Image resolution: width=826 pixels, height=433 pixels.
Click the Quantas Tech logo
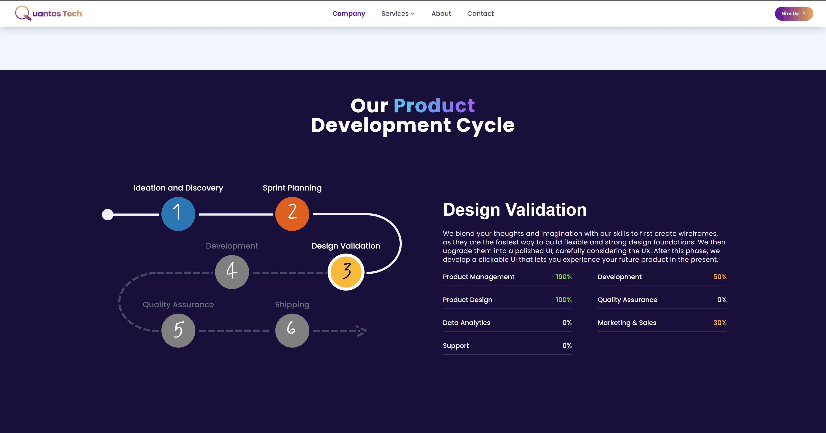(48, 13)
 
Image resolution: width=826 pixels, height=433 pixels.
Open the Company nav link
(349, 13)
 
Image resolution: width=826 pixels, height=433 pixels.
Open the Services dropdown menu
(398, 13)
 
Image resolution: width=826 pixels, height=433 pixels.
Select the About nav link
(441, 13)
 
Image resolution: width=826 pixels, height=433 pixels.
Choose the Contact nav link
(480, 13)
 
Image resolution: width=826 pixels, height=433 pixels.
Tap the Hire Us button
(793, 13)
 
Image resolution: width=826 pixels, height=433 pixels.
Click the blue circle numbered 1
(178, 214)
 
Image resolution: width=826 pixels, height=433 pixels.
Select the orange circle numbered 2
(292, 214)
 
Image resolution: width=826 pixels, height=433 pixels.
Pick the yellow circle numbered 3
(346, 272)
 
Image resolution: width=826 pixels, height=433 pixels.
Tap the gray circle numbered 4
(232, 272)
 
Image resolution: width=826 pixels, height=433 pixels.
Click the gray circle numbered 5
(178, 330)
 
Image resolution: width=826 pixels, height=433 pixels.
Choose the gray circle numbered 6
(292, 330)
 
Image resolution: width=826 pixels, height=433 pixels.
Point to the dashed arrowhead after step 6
(362, 331)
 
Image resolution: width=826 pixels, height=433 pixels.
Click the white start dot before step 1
(108, 214)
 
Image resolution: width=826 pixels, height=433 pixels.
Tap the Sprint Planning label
(292, 188)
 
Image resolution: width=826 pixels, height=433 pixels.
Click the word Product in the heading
(434, 106)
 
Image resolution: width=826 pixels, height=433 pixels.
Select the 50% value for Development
(720, 277)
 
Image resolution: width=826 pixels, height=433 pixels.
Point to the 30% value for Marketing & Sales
(720, 323)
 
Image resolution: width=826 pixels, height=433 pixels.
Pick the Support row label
(456, 346)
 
